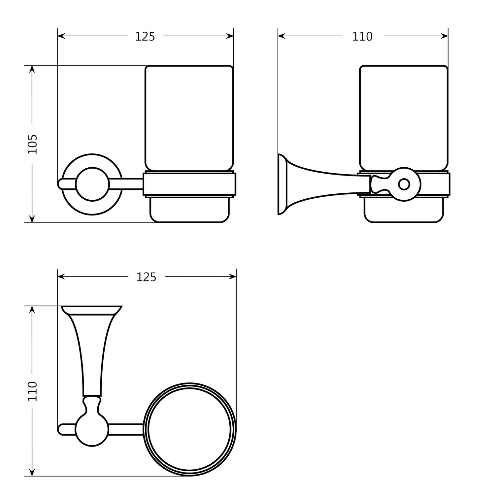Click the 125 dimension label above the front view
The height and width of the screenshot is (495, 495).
[x=145, y=37]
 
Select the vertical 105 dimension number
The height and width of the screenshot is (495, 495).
[x=32, y=144]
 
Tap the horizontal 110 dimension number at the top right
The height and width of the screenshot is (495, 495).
[x=362, y=36]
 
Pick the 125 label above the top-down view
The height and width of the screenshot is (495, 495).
[x=146, y=277]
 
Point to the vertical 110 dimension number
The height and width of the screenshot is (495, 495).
[x=32, y=391]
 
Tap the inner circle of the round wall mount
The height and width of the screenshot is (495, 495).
[x=92, y=184]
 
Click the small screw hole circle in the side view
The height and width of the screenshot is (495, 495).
[x=404, y=184]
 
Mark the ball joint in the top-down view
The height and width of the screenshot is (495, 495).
[x=92, y=429]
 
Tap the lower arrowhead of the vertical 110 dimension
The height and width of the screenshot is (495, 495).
[x=32, y=473]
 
